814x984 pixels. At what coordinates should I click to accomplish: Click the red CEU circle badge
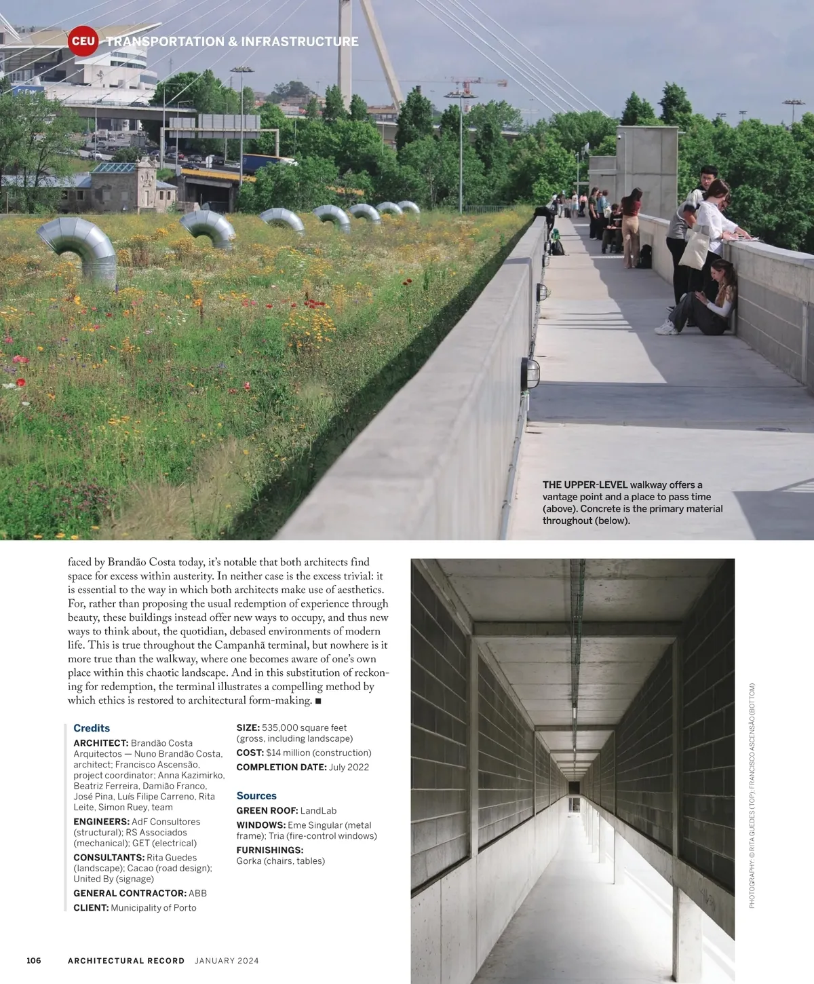(x=83, y=40)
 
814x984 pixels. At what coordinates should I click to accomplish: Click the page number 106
(x=34, y=960)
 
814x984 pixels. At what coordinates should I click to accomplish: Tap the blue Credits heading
(x=92, y=728)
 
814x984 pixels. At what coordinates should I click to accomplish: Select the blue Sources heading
(x=256, y=795)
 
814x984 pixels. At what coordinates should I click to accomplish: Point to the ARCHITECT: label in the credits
(x=101, y=743)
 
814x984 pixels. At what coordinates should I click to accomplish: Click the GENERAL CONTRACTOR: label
(x=130, y=893)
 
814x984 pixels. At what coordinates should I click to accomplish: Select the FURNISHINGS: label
(x=269, y=850)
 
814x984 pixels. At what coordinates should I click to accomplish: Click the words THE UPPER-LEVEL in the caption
(x=585, y=485)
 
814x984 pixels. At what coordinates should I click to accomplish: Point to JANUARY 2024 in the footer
(x=227, y=960)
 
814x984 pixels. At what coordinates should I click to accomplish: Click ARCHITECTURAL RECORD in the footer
(x=126, y=960)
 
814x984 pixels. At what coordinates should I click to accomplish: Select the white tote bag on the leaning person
(x=695, y=247)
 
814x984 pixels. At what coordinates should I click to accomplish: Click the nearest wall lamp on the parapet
(x=530, y=373)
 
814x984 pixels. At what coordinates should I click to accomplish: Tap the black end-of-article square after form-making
(x=318, y=700)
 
